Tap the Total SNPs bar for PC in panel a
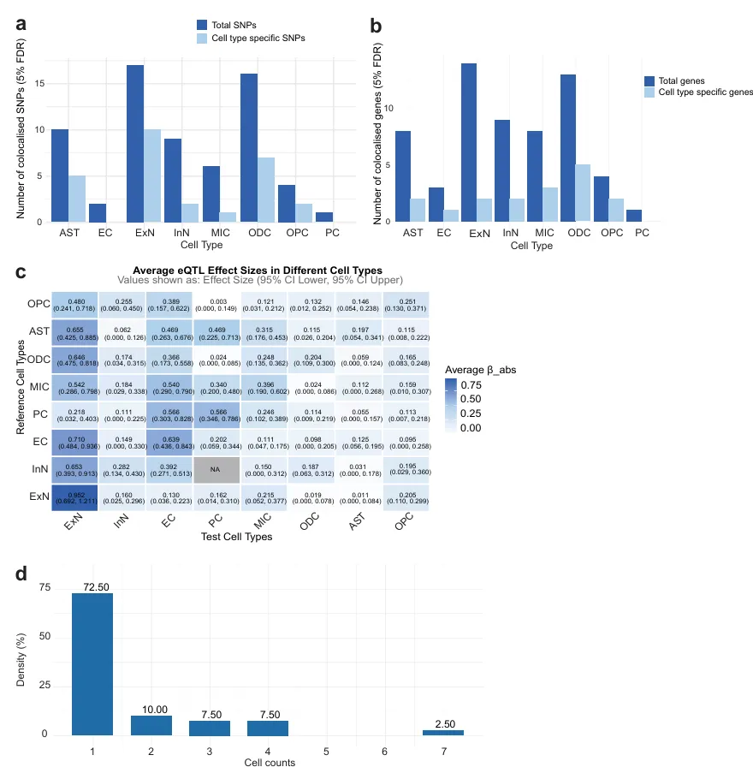(x=323, y=217)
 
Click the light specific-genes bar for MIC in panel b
(x=549, y=205)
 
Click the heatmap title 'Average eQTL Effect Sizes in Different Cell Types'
(x=258, y=271)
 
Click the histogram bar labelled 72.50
(x=92, y=663)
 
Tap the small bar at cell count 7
(x=442, y=732)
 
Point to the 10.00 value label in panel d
(x=151, y=710)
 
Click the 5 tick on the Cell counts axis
(x=326, y=751)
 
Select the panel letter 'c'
(x=21, y=272)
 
